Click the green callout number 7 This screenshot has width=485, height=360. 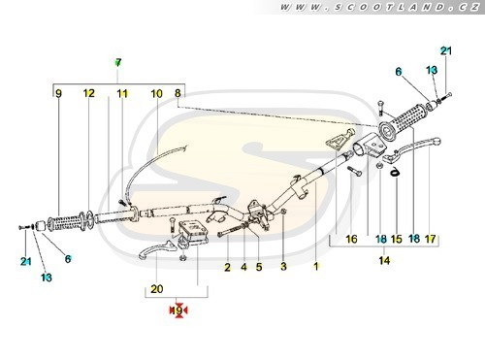118,62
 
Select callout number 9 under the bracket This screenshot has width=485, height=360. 58,93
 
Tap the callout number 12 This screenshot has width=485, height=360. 89,93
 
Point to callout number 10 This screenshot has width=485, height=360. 157,94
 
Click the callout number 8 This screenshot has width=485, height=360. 178,93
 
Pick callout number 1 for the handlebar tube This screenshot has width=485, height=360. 316,266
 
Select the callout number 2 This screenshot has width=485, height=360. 228,267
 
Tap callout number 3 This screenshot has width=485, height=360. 283,267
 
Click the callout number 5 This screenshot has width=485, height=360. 259,267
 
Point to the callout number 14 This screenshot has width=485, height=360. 384,260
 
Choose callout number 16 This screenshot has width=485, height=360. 351,239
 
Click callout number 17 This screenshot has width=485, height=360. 431,239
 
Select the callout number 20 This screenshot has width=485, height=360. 157,288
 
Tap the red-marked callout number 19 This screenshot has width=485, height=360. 178,311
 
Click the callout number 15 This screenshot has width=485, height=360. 397,239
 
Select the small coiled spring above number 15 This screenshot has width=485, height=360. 394,172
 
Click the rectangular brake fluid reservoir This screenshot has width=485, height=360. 193,231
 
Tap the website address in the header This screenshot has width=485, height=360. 380,7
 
